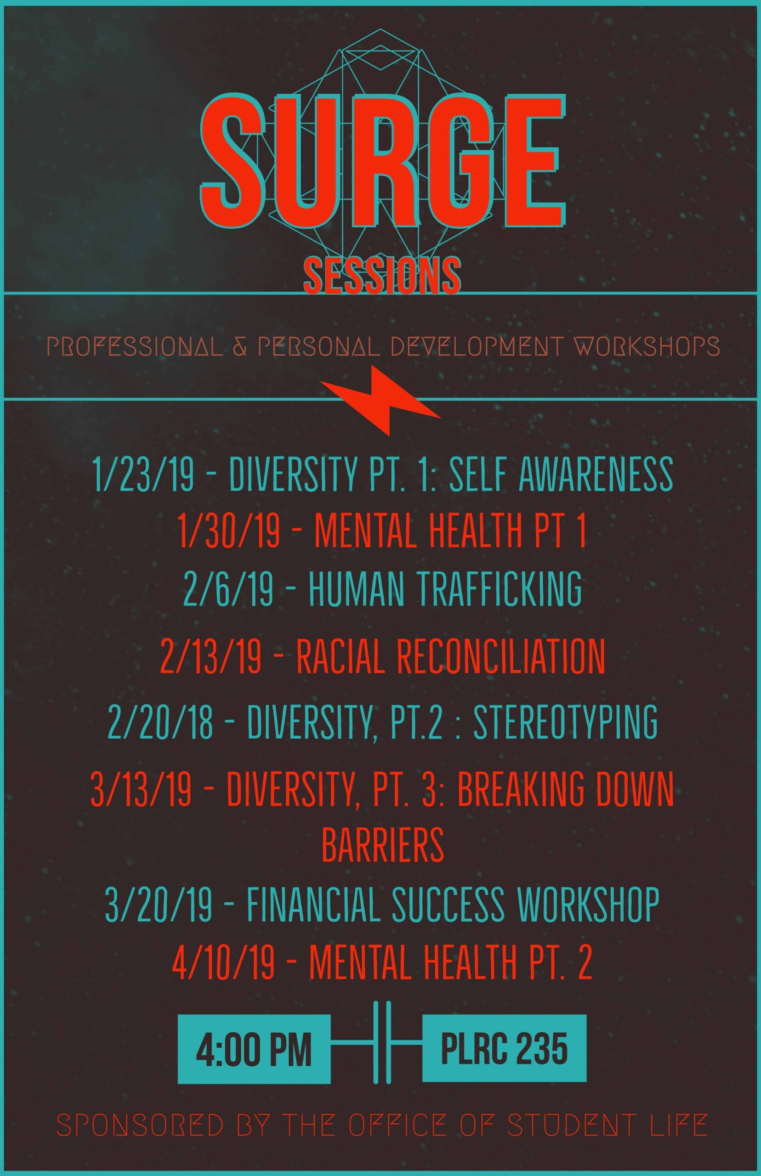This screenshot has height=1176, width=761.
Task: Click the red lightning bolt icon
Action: click(x=380, y=401)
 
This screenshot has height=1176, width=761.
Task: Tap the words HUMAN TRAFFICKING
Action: click(x=445, y=588)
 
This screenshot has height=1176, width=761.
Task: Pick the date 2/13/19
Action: click(x=211, y=656)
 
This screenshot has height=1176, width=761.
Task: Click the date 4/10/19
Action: click(x=223, y=961)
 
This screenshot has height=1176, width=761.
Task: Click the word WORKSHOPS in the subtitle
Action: click(x=642, y=347)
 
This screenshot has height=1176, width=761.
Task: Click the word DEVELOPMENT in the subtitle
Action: click(x=475, y=347)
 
